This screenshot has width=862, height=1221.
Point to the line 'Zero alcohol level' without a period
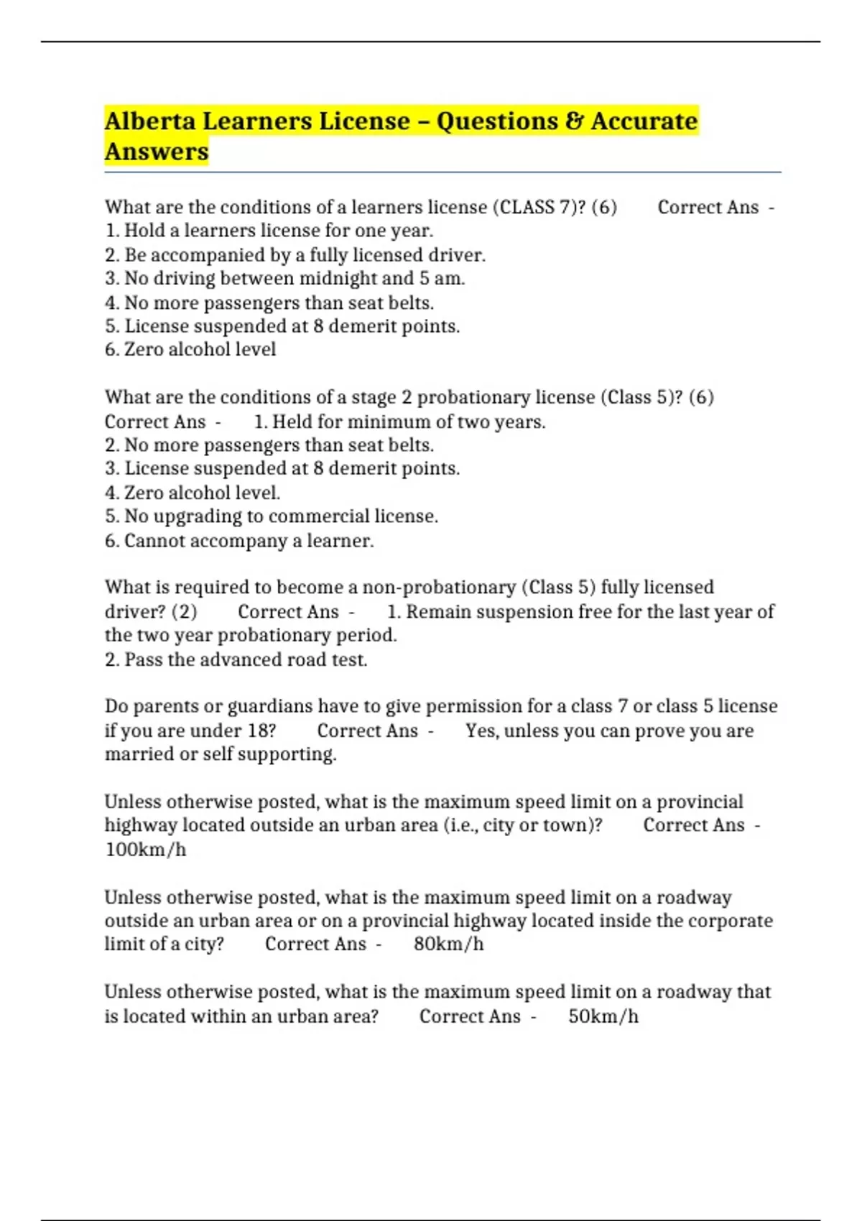190,350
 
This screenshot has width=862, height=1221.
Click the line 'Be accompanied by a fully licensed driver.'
295,255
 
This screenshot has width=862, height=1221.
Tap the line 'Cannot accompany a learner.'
239,541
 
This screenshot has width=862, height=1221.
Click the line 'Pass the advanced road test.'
236,659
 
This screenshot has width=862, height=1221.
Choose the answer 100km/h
146,850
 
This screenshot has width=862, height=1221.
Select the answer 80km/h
448,944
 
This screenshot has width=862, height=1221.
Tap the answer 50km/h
603,1016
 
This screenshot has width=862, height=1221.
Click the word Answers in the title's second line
157,152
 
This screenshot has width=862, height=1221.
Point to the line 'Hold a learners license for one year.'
269,231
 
